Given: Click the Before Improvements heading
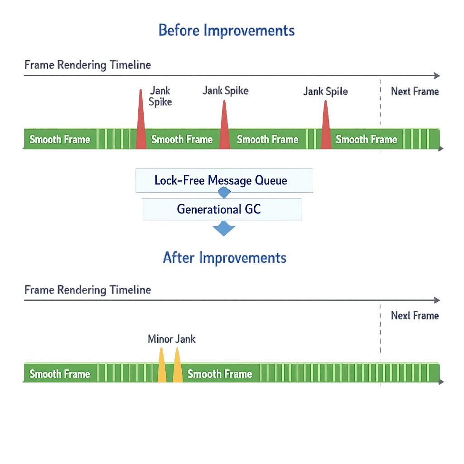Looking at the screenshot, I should [x=227, y=30].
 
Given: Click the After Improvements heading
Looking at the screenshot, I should [x=225, y=258].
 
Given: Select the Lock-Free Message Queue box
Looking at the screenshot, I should [x=223, y=180].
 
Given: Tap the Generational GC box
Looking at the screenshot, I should [x=221, y=209].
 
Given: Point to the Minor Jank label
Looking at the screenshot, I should [x=172, y=339].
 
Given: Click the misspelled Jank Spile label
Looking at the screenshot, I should [x=325, y=92].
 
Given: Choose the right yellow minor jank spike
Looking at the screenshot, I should [x=178, y=368].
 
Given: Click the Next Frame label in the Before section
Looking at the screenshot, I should [x=415, y=92].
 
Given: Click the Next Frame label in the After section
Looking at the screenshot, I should [x=415, y=315].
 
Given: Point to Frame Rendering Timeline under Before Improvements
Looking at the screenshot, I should [x=87, y=65].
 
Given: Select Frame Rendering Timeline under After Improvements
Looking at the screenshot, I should [x=87, y=290].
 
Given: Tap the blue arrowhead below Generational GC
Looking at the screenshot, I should [x=224, y=229].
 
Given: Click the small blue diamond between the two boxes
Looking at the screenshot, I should [x=224, y=193].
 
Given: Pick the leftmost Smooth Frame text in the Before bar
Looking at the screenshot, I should [x=60, y=140].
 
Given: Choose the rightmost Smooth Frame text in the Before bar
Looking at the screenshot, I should [x=366, y=140].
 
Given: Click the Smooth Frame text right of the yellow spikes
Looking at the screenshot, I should [x=220, y=374].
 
